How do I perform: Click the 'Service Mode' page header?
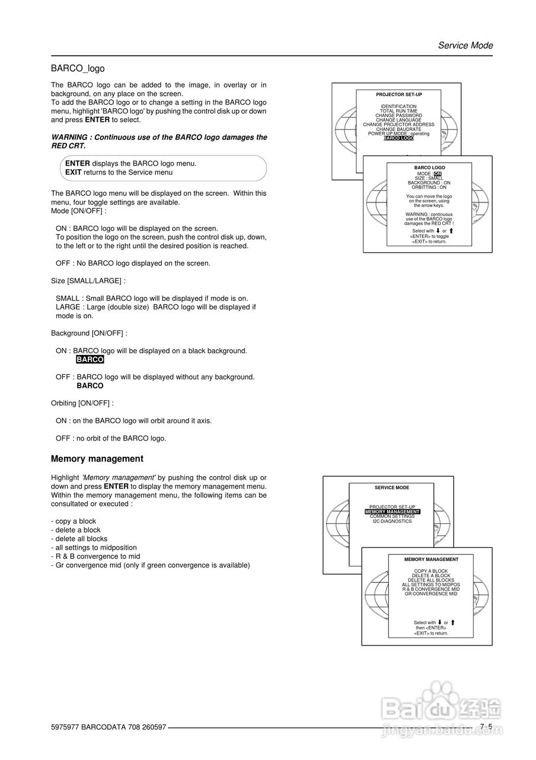[465, 46]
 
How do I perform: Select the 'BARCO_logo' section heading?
[78, 69]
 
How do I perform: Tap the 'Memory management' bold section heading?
[97, 459]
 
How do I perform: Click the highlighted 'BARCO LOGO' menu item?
[398, 138]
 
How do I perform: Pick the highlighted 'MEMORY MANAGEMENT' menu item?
[392, 512]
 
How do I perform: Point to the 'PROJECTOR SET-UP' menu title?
[398, 94]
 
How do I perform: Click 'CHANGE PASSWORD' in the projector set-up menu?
[398, 116]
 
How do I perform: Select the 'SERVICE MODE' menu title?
[391, 487]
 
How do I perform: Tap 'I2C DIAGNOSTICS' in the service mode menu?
[392, 521]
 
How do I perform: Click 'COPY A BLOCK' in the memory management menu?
[431, 571]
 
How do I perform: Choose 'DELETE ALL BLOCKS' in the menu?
[431, 580]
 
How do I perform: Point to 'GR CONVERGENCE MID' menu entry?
[431, 594]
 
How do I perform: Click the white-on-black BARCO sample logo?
[90, 360]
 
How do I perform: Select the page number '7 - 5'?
[486, 727]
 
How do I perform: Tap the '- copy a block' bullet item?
[74, 521]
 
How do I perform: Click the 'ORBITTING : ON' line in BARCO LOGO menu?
[429, 188]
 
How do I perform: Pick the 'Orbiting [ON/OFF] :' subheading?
[82, 403]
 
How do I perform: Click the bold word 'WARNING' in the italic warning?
[71, 137]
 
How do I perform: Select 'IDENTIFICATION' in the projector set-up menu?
[398, 107]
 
